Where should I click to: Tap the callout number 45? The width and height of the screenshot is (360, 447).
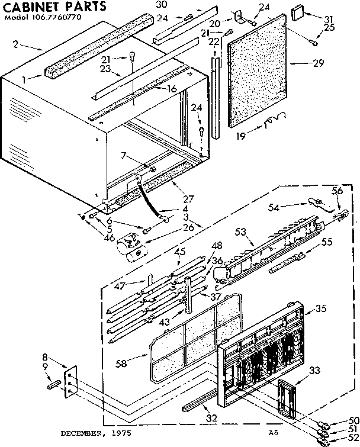(x=180, y=252)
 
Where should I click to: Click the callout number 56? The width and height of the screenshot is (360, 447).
(x=337, y=191)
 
